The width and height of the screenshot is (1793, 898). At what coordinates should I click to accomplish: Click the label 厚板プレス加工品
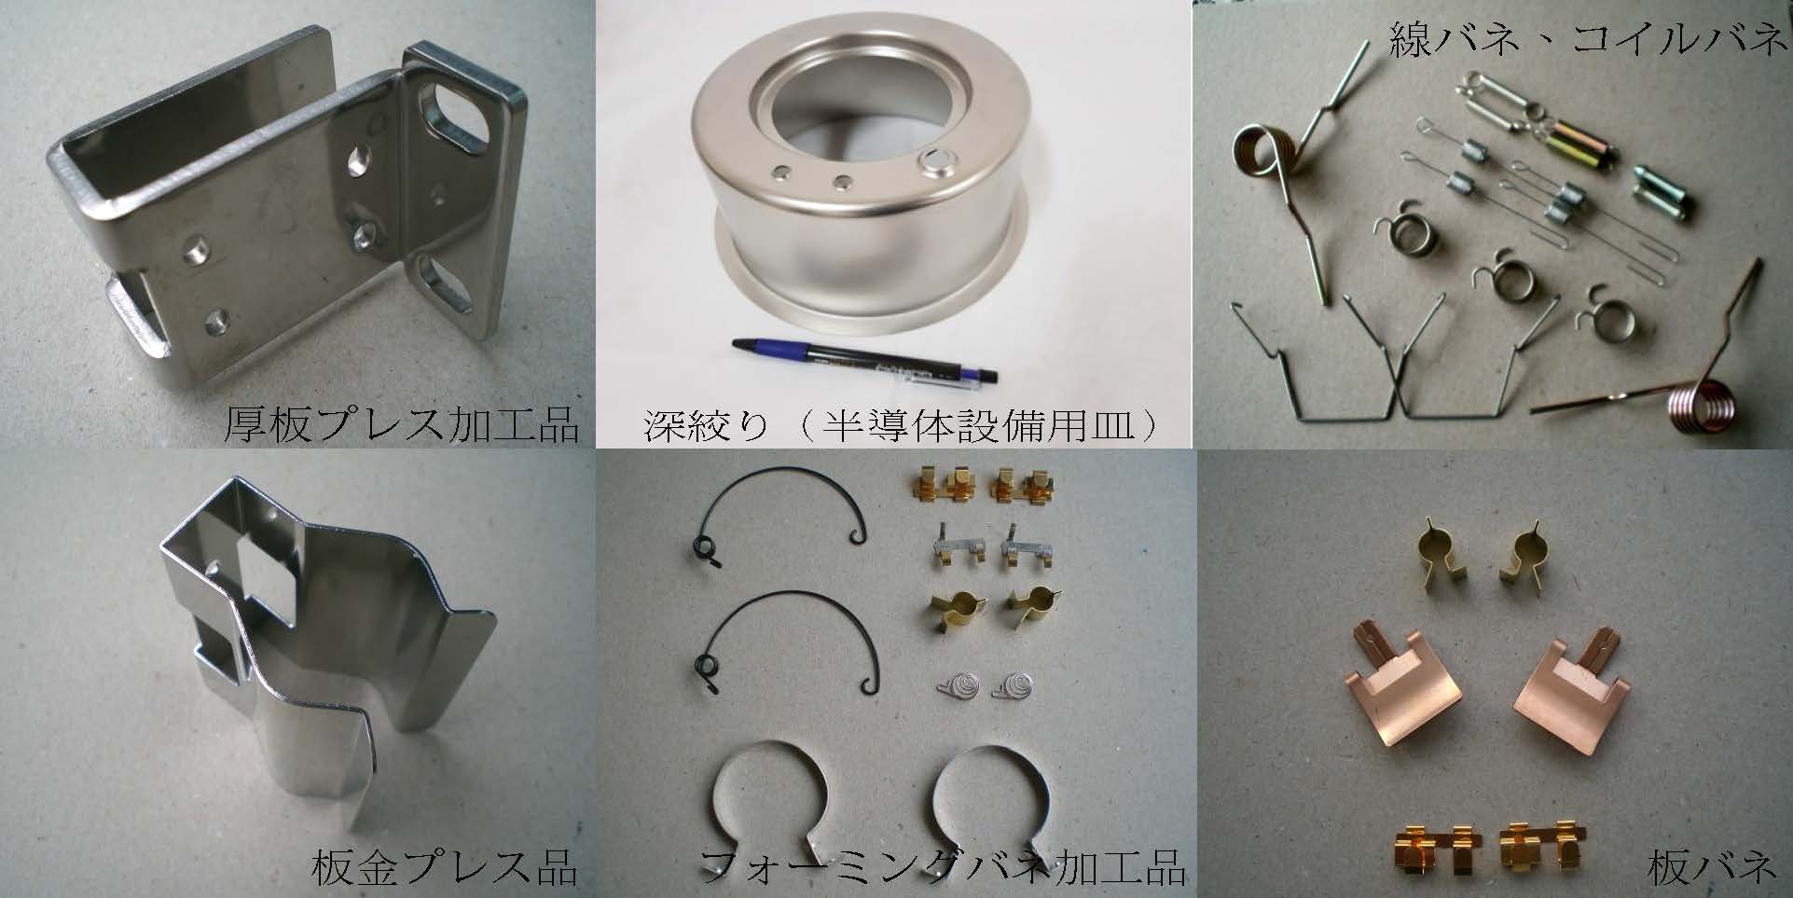402,425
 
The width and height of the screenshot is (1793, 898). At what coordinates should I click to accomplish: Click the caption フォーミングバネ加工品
943,866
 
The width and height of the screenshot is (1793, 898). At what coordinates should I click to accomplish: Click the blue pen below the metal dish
866,359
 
